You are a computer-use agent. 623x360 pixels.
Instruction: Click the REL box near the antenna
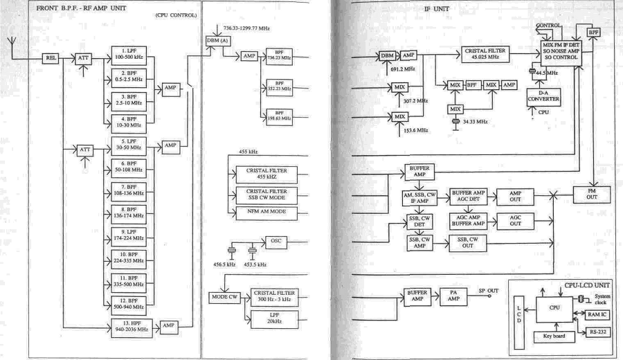pyautogui.click(x=51, y=59)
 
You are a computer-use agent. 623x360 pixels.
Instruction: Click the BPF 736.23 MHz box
pyautogui.click(x=278, y=58)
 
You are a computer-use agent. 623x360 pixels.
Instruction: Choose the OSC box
pyautogui.click(x=282, y=241)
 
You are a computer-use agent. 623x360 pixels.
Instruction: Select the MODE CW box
pyautogui.click(x=224, y=297)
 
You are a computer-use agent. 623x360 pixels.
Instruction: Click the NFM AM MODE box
pyautogui.click(x=261, y=213)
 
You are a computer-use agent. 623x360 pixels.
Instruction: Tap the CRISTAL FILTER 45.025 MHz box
pyautogui.click(x=489, y=55)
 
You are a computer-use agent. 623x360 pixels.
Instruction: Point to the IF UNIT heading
pyautogui.click(x=437, y=11)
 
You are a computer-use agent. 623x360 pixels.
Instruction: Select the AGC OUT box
pyautogui.click(x=515, y=220)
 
